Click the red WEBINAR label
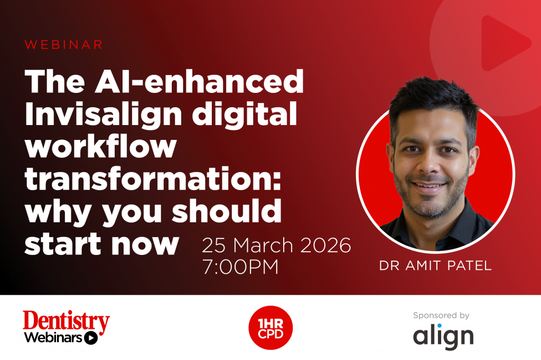(63, 45)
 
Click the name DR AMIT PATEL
(435, 266)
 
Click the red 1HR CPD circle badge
(270, 328)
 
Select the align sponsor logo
(443, 336)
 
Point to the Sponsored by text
(442, 316)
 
